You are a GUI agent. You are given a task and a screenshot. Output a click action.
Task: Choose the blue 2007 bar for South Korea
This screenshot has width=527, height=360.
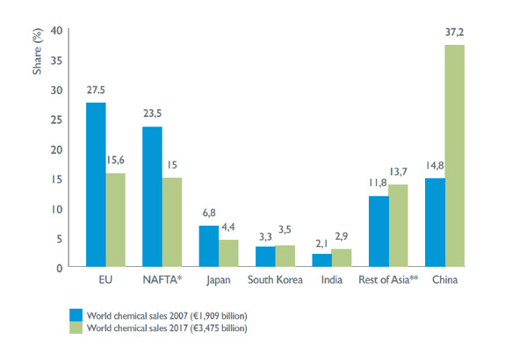(x=265, y=256)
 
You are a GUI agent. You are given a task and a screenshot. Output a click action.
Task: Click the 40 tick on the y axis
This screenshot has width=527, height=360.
(x=56, y=31)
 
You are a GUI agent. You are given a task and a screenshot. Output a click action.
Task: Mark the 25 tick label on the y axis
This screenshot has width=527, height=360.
(x=56, y=119)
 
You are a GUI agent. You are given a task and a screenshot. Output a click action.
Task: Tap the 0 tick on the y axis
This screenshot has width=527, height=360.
(x=59, y=267)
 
